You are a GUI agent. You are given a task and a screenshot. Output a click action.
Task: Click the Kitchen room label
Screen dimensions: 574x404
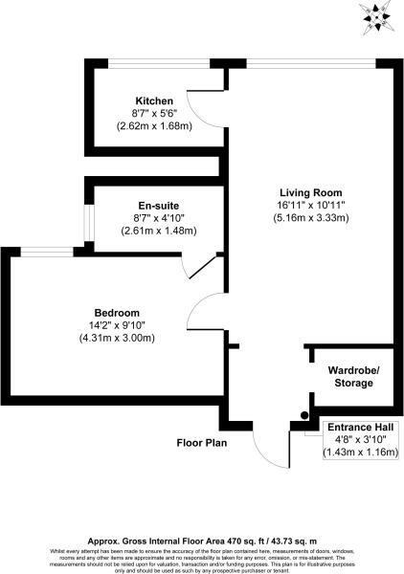(154, 100)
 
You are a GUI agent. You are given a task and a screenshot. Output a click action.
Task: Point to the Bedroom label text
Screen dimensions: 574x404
(117, 313)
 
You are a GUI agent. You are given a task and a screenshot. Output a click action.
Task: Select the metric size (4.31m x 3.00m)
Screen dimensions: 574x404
(117, 339)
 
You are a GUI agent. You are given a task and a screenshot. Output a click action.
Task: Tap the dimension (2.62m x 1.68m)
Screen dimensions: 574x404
(154, 126)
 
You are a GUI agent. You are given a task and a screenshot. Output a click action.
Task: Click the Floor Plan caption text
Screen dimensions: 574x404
(200, 443)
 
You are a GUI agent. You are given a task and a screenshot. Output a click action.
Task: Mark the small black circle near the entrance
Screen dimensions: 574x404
(304, 415)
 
